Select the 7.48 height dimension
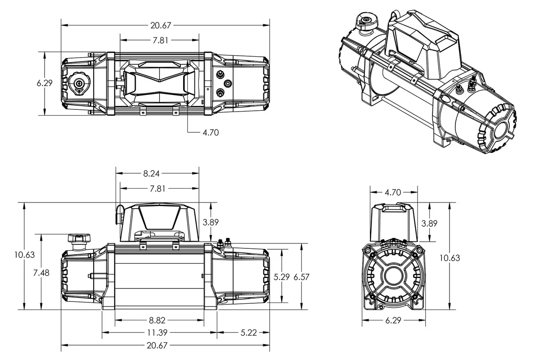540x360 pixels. [41, 272]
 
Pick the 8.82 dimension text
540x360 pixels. [157, 320]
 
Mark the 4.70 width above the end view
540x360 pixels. [393, 193]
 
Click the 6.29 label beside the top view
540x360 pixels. [45, 83]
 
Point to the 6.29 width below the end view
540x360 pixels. [393, 320]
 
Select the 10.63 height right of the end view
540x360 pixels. [450, 258]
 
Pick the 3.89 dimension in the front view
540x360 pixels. [211, 222]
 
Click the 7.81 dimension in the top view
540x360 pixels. [160, 40]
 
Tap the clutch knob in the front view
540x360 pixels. [79, 238]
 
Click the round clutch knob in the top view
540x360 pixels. [79, 83]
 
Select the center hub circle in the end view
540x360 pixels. [394, 275]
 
